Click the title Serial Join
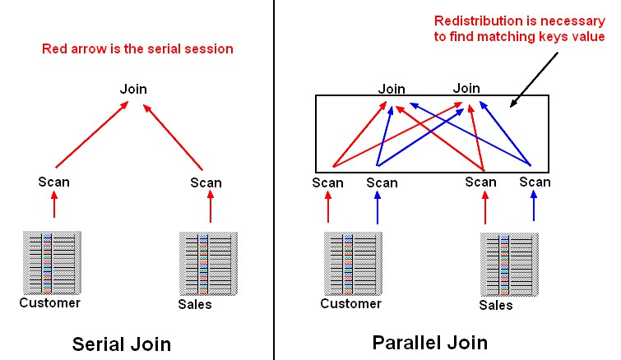pyautogui.click(x=122, y=344)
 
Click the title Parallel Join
pyautogui.click(x=430, y=342)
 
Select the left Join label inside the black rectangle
pyautogui.click(x=392, y=88)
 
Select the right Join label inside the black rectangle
pyautogui.click(x=466, y=87)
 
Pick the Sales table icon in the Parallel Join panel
pyautogui.click(x=509, y=263)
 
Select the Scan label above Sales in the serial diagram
pyautogui.click(x=206, y=182)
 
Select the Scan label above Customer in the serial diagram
pyautogui.click(x=53, y=182)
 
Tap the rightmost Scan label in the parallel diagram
pyautogui.click(x=535, y=182)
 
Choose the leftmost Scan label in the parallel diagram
pyautogui.click(x=327, y=182)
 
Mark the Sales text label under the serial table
pyautogui.click(x=194, y=304)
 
